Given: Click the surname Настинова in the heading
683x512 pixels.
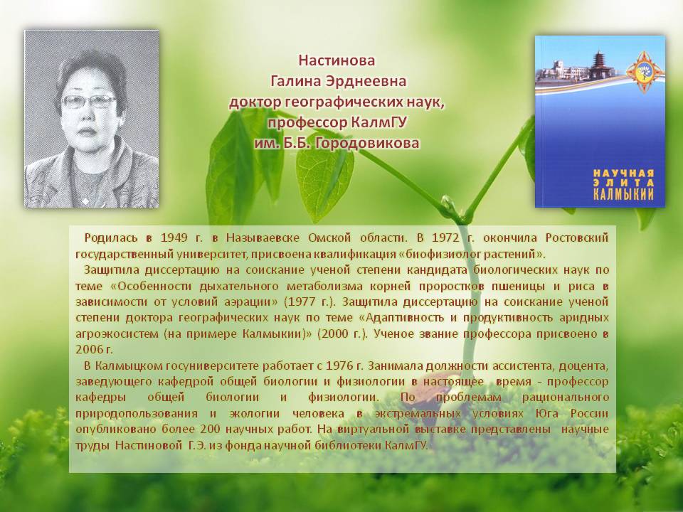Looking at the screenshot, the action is [x=337, y=60].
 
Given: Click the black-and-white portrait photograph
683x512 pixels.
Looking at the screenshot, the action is [x=92, y=119].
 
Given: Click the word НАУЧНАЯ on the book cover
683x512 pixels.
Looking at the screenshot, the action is [x=623, y=173].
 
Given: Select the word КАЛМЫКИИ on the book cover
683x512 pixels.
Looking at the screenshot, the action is [x=623, y=193].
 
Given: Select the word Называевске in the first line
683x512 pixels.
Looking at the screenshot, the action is [x=263, y=238].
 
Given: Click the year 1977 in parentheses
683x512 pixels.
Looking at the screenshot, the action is [x=302, y=302].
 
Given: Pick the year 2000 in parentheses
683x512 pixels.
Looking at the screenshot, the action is [x=334, y=334].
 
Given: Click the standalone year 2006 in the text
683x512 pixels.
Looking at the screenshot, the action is [x=89, y=350].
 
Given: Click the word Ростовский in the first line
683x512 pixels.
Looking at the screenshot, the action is [x=577, y=238].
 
